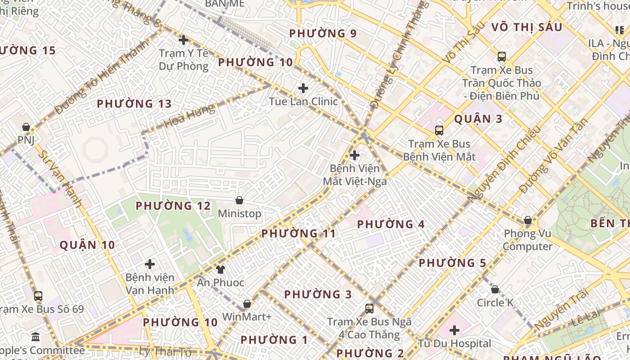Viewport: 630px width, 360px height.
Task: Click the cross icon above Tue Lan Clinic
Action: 303,88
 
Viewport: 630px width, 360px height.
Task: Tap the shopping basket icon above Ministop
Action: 239,200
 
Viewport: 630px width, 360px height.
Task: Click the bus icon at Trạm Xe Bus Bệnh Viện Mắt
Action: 439,130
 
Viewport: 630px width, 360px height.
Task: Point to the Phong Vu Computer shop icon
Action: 527,220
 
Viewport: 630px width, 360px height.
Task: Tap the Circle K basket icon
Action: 495,289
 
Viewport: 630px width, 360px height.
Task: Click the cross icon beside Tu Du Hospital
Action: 454,330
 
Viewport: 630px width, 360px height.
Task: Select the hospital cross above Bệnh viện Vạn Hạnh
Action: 150,264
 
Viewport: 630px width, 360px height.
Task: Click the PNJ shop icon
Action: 26,127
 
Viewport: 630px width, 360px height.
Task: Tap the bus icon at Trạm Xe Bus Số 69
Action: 38,296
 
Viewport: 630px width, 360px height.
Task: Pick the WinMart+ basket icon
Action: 247,304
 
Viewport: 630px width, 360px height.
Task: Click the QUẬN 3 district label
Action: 478,119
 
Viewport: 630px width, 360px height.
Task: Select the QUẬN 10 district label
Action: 87,245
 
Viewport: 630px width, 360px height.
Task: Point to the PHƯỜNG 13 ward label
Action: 134,104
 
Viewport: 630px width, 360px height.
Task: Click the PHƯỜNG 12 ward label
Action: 173,206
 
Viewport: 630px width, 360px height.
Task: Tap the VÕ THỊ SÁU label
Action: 526,27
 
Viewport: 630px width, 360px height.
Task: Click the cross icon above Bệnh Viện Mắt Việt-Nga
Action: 355,156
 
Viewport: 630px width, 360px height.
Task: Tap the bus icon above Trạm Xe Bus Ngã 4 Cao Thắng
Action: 369,308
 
